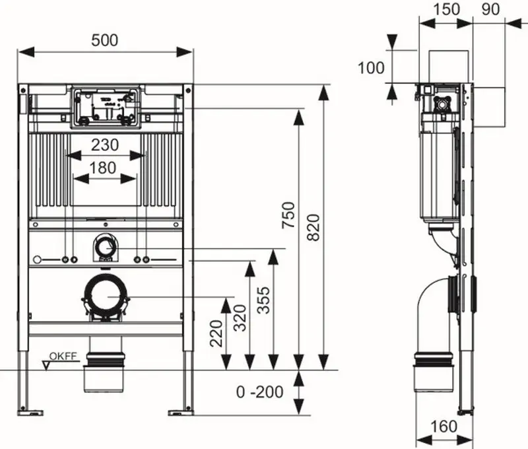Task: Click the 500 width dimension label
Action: point(105,40)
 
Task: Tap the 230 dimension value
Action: point(105,145)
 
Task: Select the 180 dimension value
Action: point(103,168)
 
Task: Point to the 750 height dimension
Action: point(288,215)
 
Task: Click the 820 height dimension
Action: point(313,227)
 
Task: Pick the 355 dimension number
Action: point(263,300)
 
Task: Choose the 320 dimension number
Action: point(240,318)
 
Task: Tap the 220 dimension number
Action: point(216,333)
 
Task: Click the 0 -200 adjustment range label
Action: point(259,392)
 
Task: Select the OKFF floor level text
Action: point(63,356)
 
